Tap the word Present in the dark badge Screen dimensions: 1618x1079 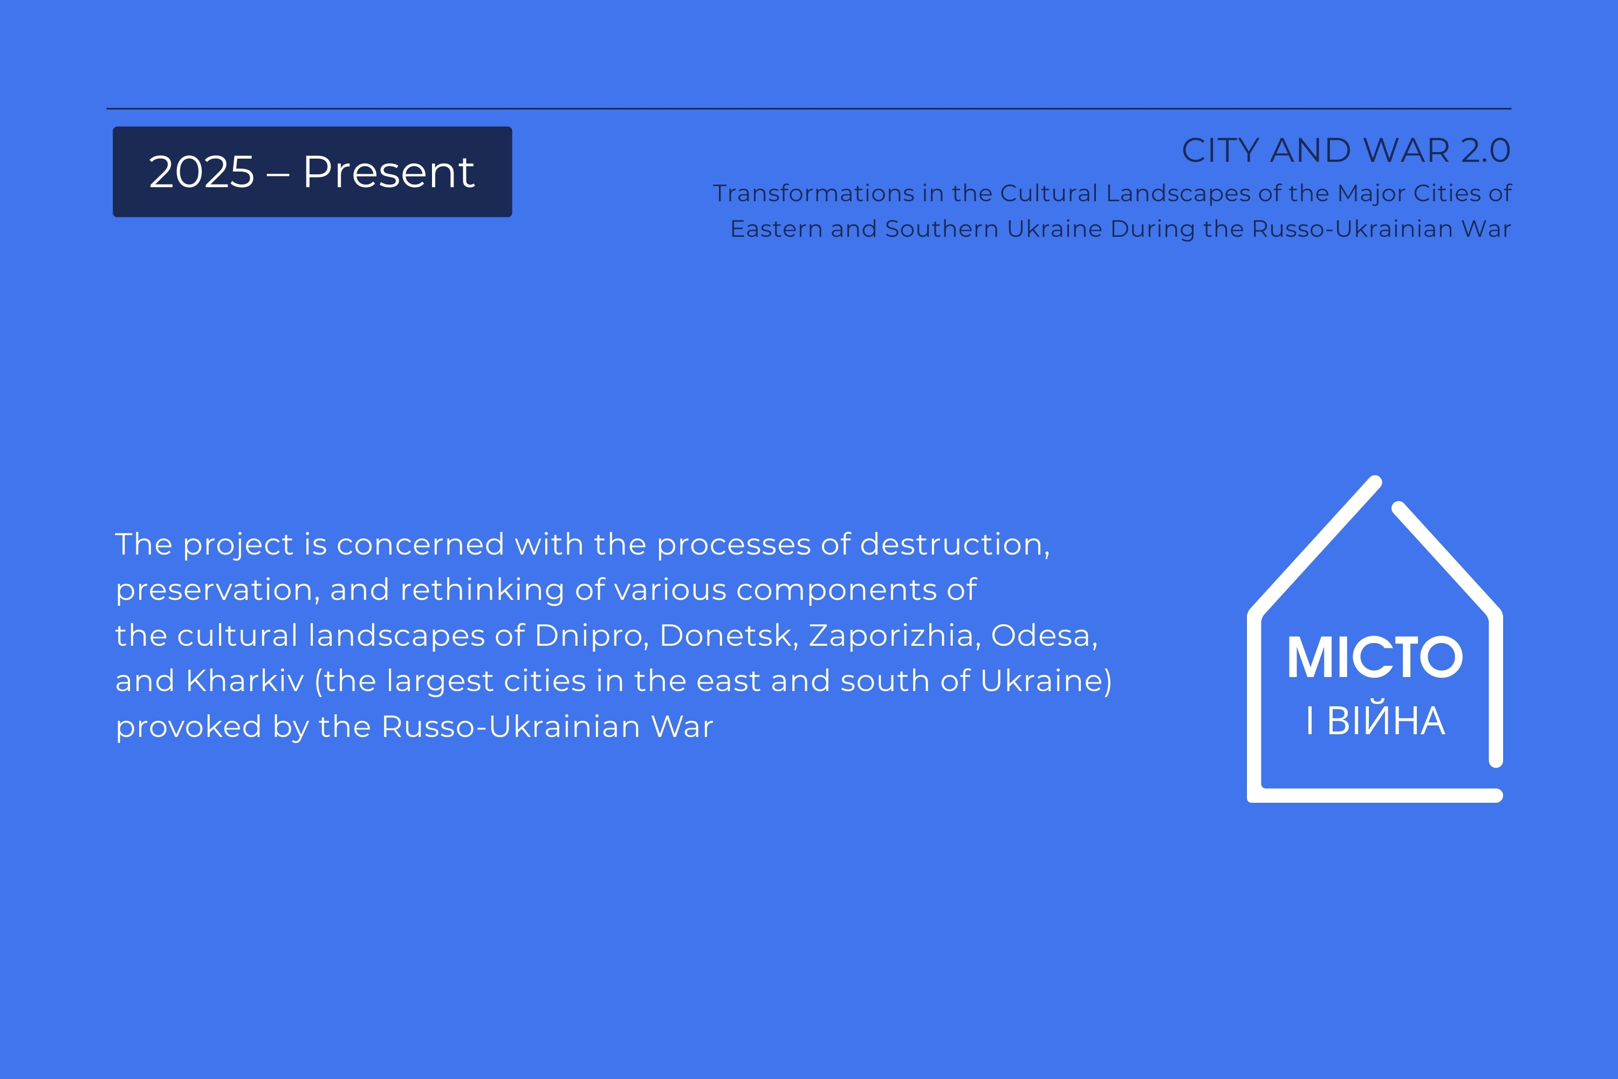[389, 172]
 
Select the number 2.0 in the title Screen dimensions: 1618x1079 [1485, 150]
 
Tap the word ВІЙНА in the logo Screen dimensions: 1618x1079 [1386, 720]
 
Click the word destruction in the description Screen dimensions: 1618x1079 [955, 545]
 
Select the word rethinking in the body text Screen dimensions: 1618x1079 [482, 590]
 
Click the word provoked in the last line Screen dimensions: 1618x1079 [188, 727]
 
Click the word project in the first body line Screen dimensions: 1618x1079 [238, 545]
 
